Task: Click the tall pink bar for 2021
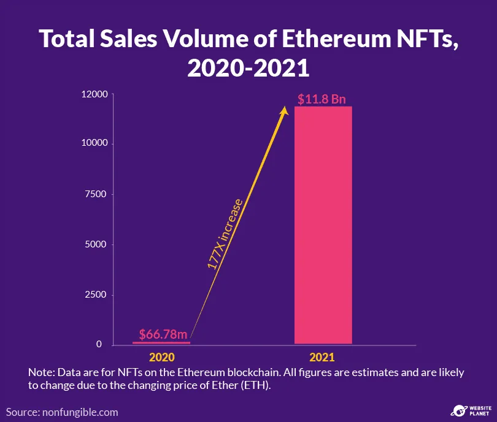(323, 225)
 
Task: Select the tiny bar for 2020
(161, 342)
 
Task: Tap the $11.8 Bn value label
(323, 99)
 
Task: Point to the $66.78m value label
(162, 334)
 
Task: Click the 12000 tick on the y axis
(95, 94)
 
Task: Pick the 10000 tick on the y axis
(95, 143)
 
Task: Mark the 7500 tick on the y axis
(97, 194)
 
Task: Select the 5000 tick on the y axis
(97, 244)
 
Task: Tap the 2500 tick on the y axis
(97, 295)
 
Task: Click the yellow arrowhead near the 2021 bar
(284, 111)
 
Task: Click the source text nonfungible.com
(79, 412)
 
